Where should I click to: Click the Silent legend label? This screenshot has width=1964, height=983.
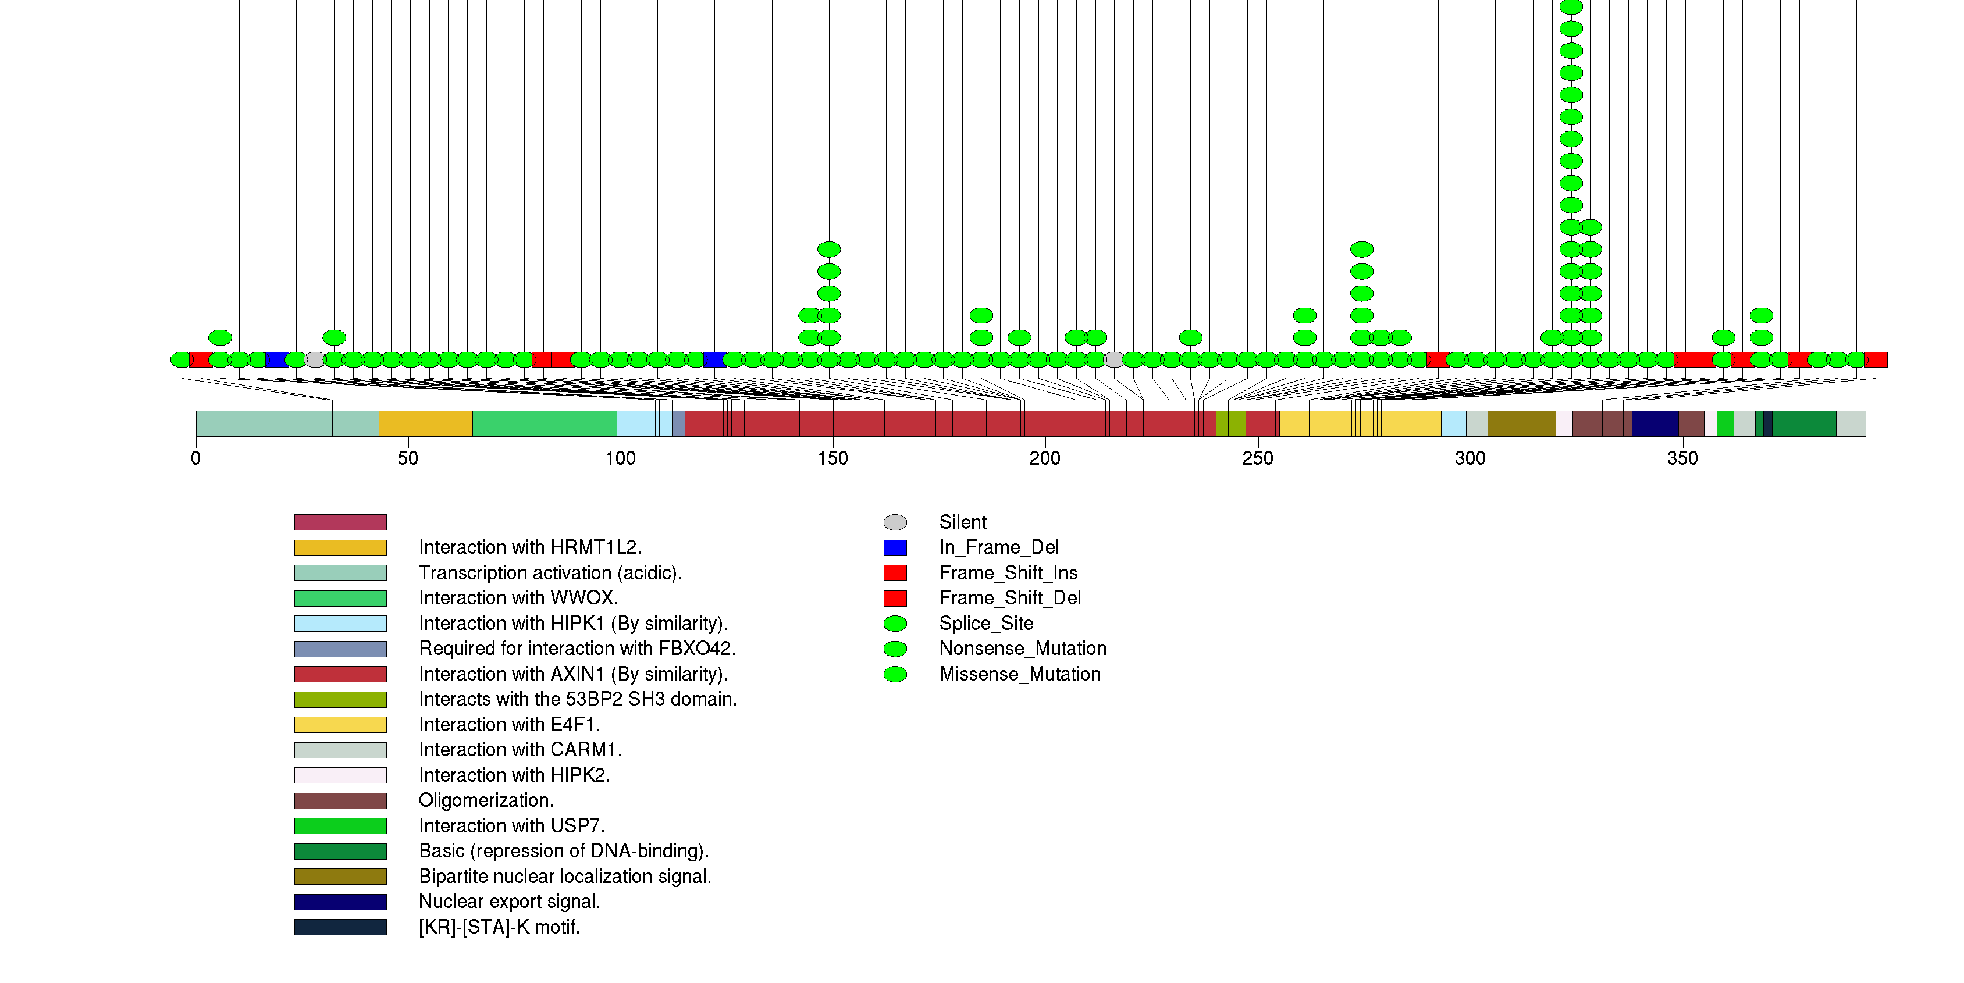(962, 522)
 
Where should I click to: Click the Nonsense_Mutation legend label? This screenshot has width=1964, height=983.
(1022, 649)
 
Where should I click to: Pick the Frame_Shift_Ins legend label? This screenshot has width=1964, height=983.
(1008, 573)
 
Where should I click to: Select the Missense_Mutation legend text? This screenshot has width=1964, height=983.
(1019, 674)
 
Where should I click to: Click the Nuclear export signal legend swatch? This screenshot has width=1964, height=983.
(340, 902)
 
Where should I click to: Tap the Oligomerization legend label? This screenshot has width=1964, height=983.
(486, 801)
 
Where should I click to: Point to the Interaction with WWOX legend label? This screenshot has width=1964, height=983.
(518, 598)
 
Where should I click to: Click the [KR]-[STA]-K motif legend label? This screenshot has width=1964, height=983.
(499, 927)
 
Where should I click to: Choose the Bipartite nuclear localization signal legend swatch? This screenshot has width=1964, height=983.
(340, 877)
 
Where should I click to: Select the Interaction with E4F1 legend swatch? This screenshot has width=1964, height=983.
(340, 725)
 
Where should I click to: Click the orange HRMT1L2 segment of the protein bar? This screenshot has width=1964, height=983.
(425, 423)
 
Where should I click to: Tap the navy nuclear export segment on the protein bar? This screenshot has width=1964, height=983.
(1655, 423)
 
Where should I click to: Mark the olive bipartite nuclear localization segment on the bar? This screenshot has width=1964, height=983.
(1521, 423)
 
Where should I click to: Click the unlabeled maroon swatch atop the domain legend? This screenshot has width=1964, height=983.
(340, 522)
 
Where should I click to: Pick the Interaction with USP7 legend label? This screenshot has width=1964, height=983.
(511, 826)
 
